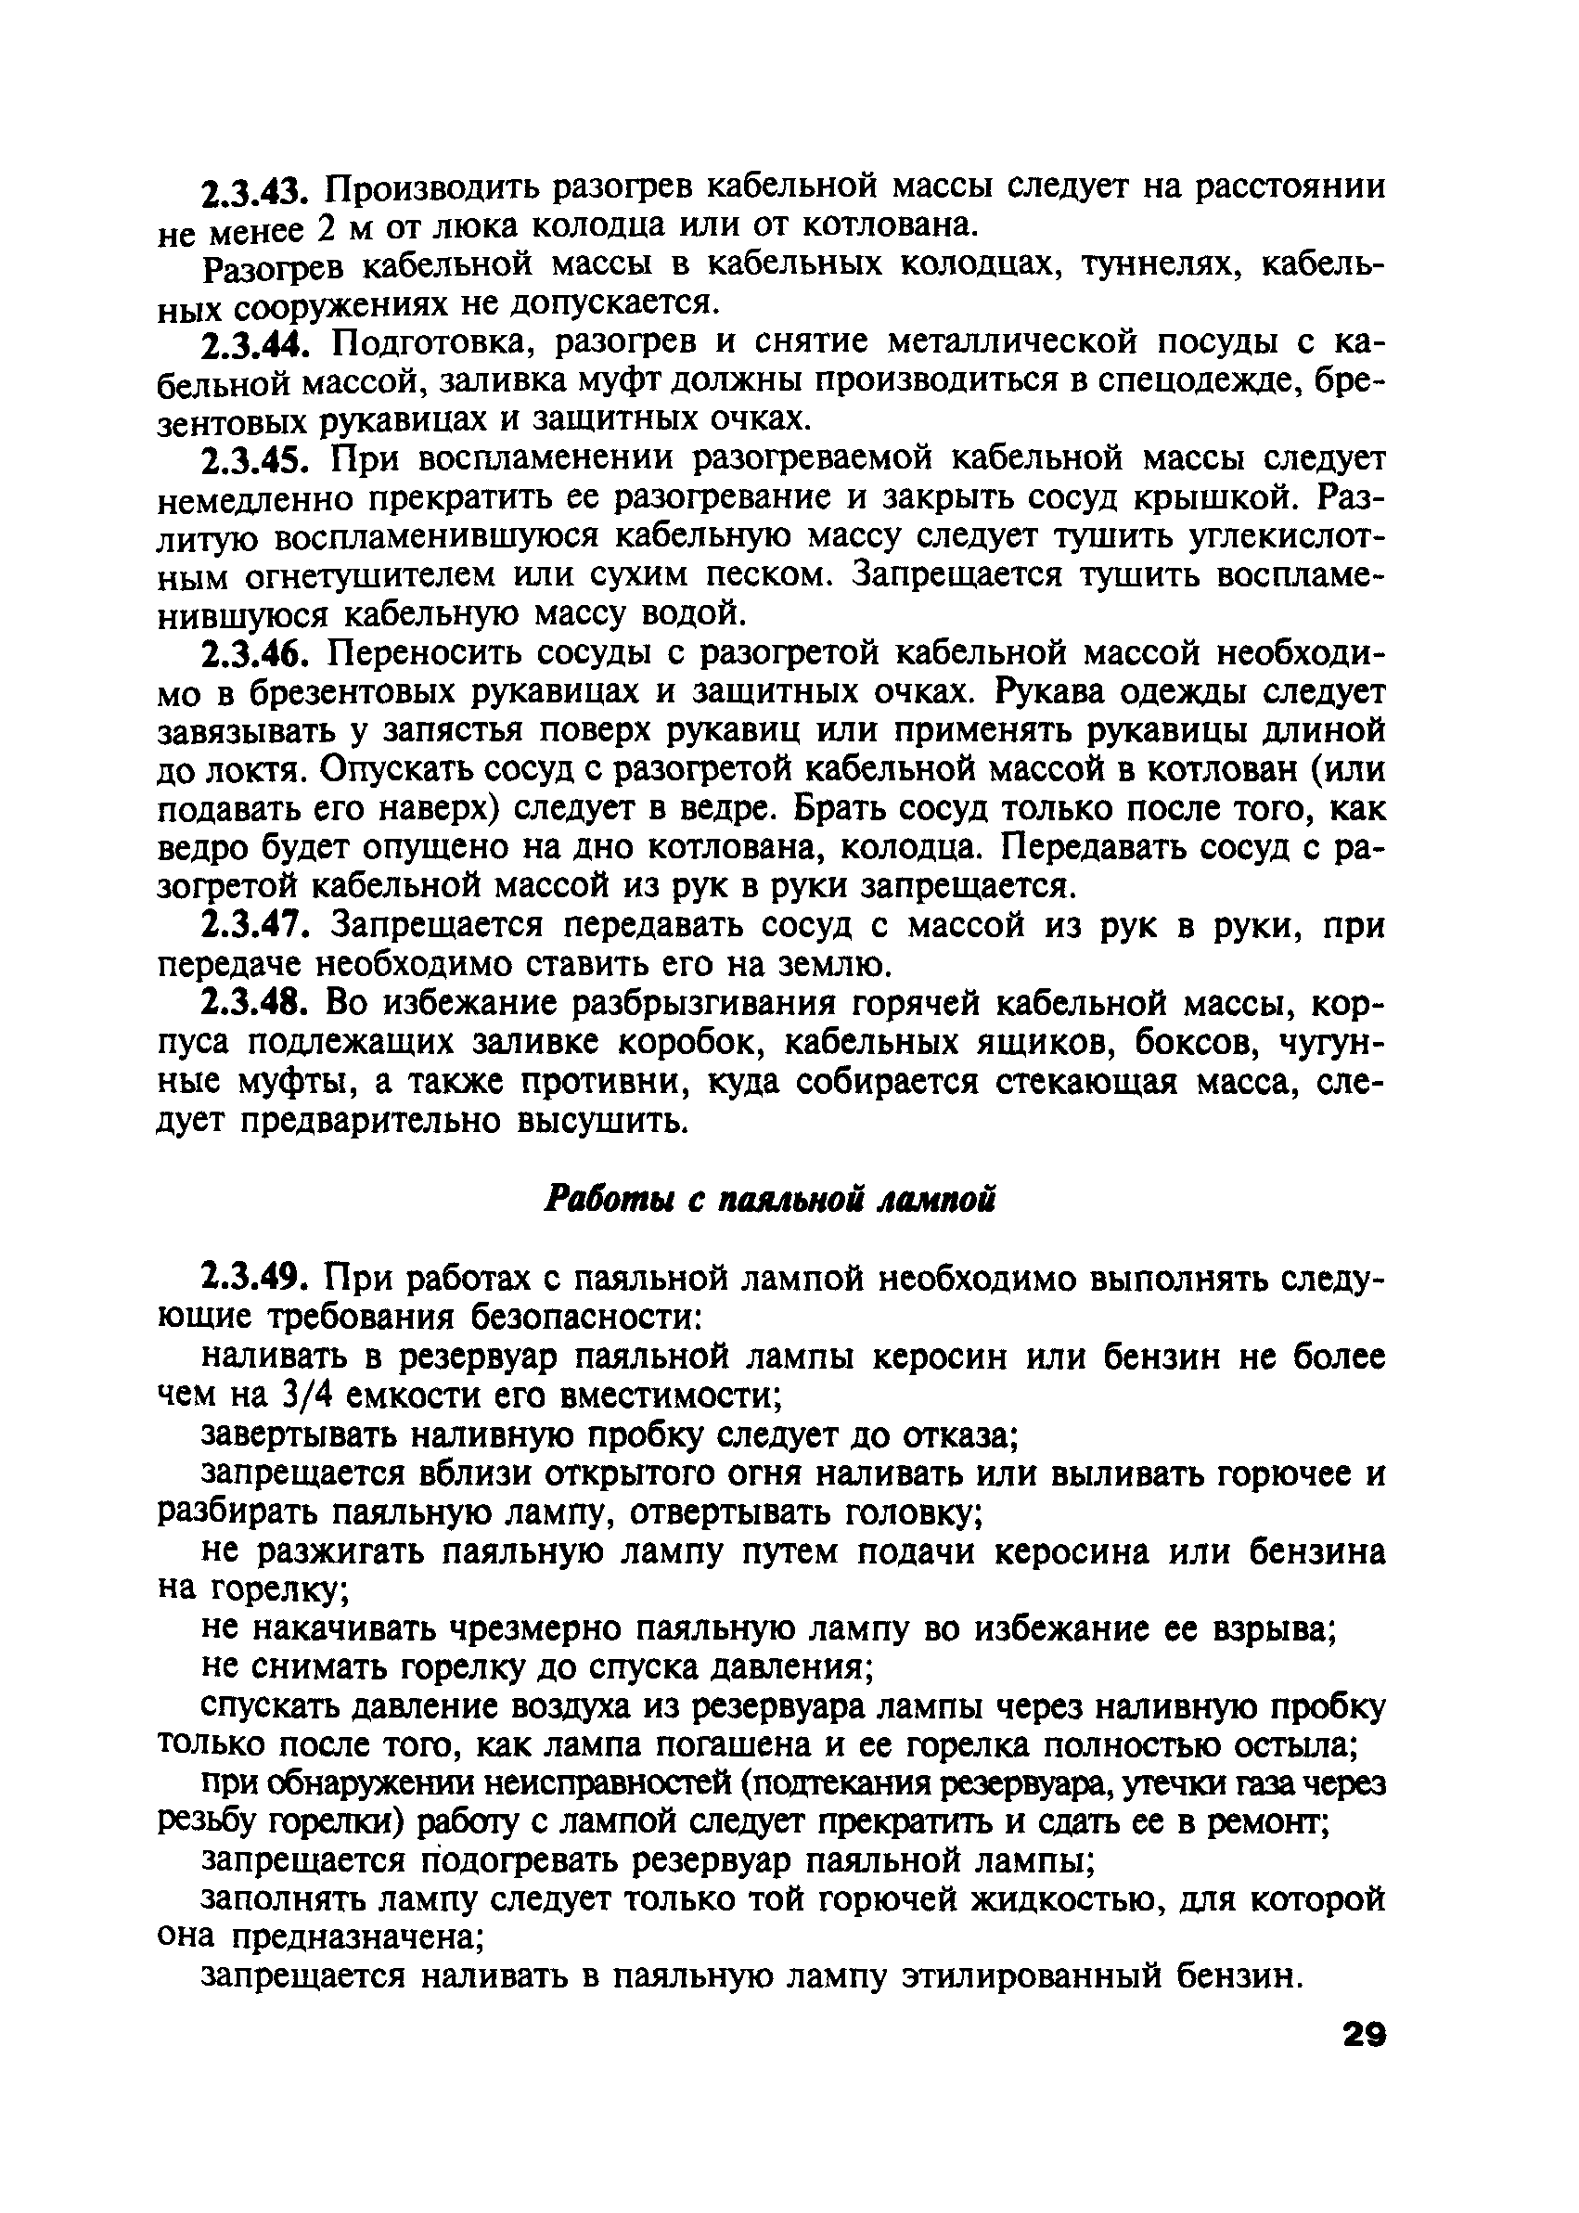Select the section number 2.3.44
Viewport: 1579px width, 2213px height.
[x=260, y=344]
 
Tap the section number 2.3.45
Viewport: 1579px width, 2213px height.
[x=260, y=459]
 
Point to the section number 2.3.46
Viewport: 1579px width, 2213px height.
[x=260, y=653]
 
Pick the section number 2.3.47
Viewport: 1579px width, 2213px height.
[x=260, y=925]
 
